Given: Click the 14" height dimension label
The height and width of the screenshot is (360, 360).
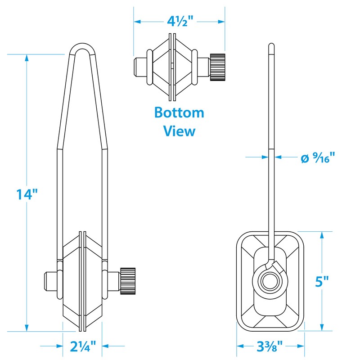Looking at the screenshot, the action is (x=27, y=194).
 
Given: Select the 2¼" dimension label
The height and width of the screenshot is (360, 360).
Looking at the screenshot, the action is (x=83, y=346).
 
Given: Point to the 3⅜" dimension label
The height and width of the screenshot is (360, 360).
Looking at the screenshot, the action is (x=269, y=346).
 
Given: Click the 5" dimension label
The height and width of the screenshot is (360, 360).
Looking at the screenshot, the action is (x=322, y=281).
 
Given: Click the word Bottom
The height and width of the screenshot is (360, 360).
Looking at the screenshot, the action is (x=179, y=112).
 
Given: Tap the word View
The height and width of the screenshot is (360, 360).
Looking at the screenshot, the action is (x=179, y=131).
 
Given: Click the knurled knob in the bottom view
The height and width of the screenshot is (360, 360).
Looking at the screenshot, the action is (x=217, y=67).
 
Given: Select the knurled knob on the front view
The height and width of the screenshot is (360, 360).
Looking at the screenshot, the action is (x=128, y=281).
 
